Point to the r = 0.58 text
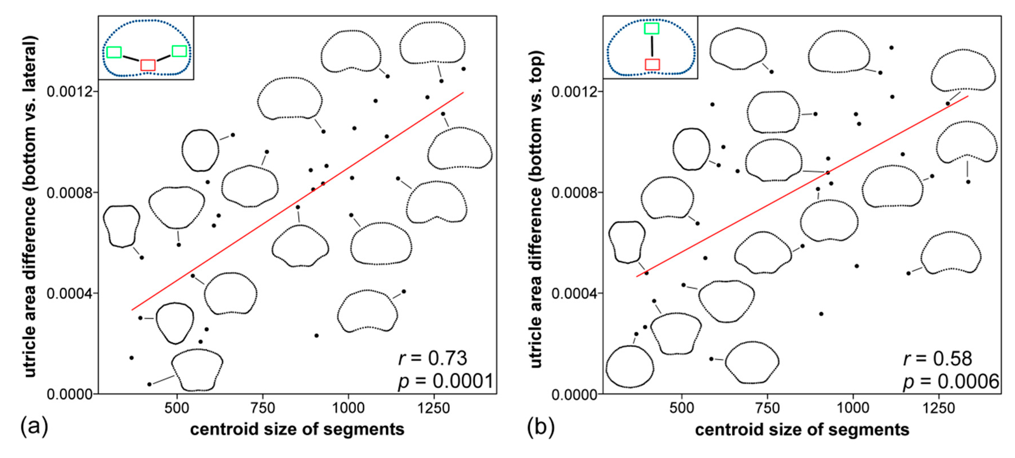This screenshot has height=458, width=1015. [x=937, y=358]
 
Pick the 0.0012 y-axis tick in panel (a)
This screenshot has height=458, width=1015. [x=66, y=92]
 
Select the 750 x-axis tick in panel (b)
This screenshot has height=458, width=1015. [x=767, y=407]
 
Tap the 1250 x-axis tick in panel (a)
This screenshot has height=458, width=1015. [x=434, y=407]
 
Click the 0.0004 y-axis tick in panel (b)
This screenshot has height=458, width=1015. [x=571, y=293]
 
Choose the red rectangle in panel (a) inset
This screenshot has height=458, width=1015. [x=148, y=65]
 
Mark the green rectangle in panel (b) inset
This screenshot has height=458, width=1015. [x=652, y=28]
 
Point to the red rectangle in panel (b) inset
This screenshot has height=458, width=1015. [x=652, y=64]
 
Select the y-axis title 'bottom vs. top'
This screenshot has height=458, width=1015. [x=536, y=209]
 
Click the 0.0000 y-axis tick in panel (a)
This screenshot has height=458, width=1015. [x=66, y=394]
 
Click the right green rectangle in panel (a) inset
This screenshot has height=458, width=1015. [x=179, y=51]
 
